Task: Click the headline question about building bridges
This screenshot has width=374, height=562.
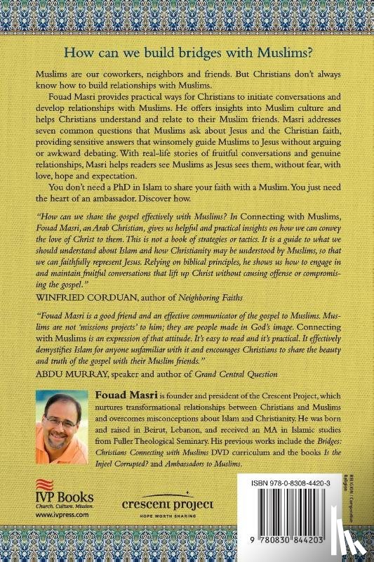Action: (x=187, y=54)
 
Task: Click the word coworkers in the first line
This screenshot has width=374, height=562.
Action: (x=119, y=74)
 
